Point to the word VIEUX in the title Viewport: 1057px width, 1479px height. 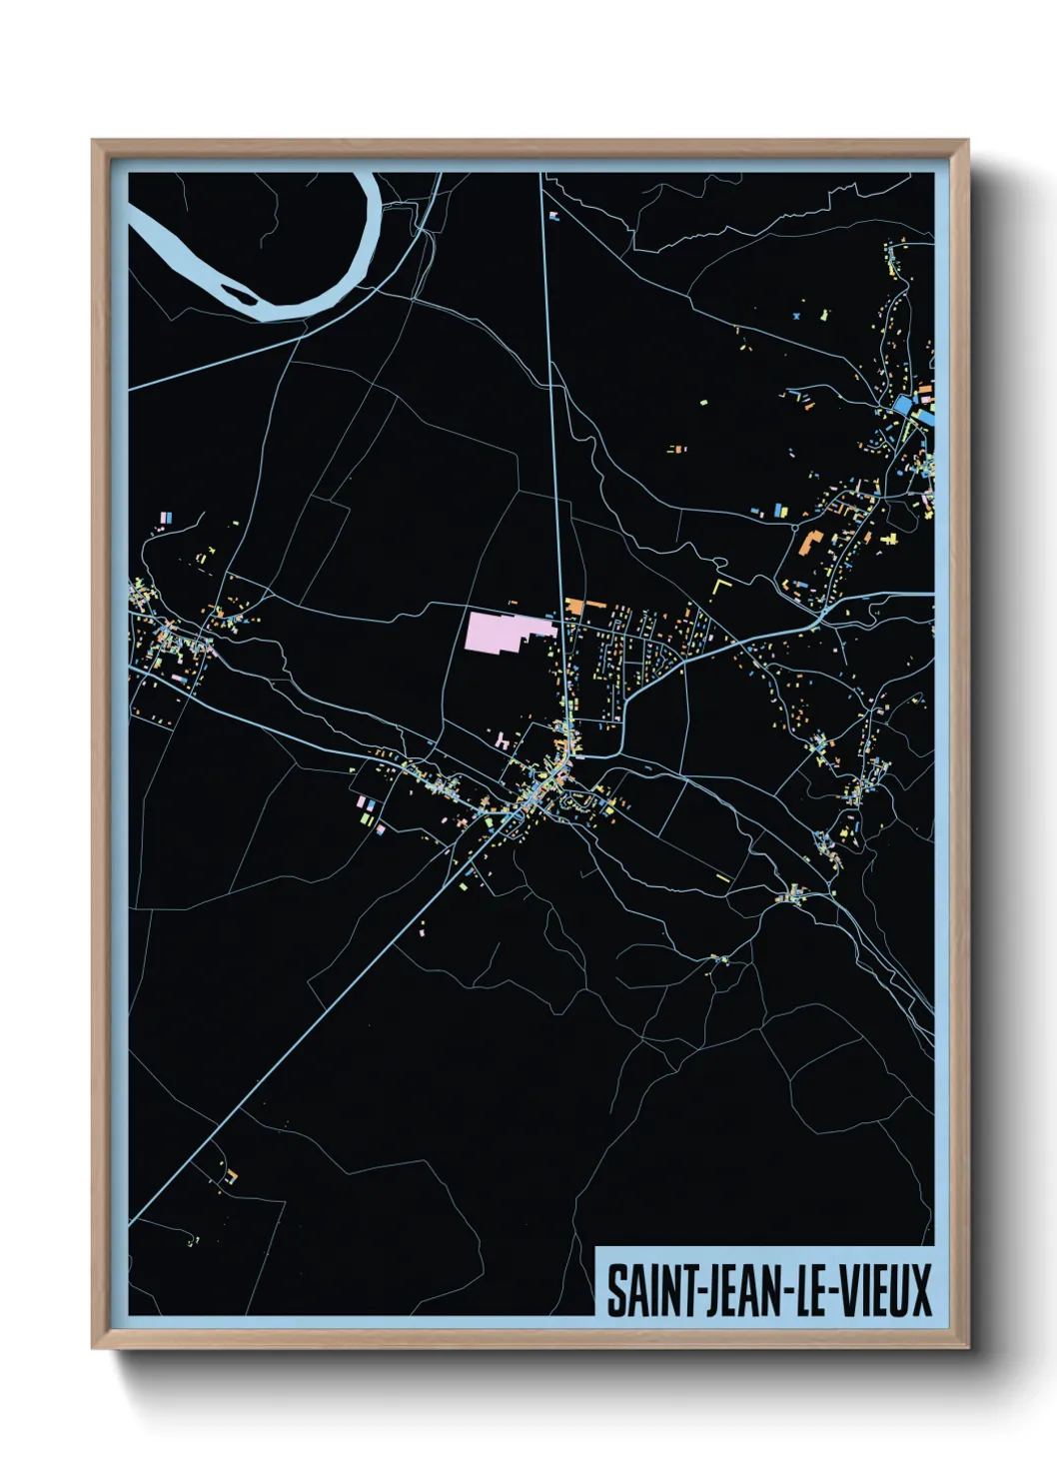[x=884, y=1291]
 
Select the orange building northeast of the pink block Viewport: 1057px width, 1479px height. [x=574, y=606]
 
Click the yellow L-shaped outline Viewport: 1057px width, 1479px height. [x=721, y=583]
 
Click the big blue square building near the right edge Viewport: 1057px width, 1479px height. [x=904, y=405]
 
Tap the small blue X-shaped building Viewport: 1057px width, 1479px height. [x=796, y=316]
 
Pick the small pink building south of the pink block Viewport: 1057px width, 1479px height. [x=500, y=740]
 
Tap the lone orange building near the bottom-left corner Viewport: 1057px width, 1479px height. [x=232, y=1175]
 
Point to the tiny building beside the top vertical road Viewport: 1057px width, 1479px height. [x=554, y=216]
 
